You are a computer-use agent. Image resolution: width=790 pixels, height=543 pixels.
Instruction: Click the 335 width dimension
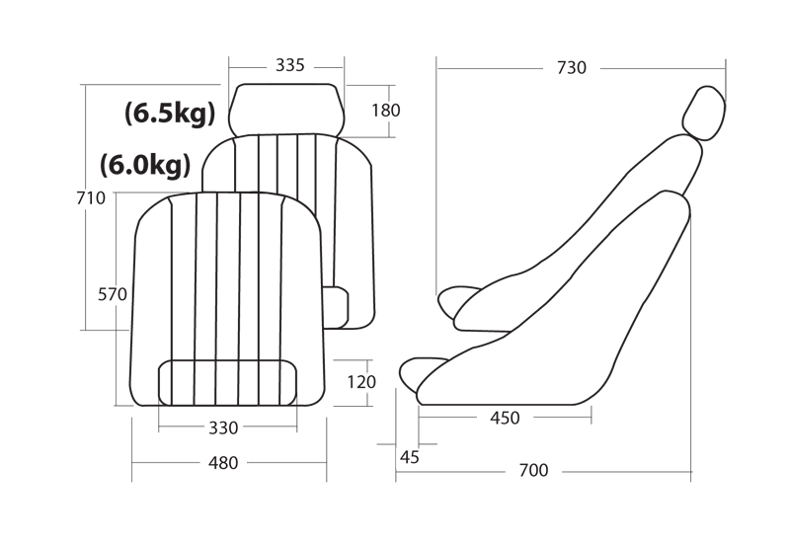coord(290,65)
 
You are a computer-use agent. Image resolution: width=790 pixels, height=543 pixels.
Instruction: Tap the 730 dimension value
coord(572,68)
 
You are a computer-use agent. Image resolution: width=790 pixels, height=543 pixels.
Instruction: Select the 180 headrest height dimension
coord(386,111)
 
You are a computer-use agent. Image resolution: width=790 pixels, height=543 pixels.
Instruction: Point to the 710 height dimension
coord(91,198)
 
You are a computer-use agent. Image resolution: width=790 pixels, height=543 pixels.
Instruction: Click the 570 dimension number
coord(113,294)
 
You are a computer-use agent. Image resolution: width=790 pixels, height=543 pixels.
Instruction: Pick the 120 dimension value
coord(361,382)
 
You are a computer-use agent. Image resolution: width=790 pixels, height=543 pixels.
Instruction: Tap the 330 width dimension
coord(223,428)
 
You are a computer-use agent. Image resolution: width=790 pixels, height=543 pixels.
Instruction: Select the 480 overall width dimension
coord(223,463)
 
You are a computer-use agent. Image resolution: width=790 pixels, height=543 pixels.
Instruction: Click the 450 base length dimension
coord(505,418)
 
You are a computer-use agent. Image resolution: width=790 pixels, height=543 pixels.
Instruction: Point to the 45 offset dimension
coord(410,457)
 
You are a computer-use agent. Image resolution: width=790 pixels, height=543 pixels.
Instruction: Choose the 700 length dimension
coord(533,471)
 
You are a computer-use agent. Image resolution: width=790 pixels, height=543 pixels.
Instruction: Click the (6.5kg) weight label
coord(170,114)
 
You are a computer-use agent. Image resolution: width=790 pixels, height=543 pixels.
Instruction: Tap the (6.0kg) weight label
coord(145,165)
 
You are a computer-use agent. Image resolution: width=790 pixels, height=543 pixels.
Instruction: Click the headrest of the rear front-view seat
coord(286,110)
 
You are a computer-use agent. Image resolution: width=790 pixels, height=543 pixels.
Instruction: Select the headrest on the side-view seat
coord(704,114)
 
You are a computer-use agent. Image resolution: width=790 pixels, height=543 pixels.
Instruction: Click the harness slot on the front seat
coord(228,383)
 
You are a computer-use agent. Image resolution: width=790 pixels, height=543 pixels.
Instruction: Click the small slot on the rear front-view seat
coord(336,308)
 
